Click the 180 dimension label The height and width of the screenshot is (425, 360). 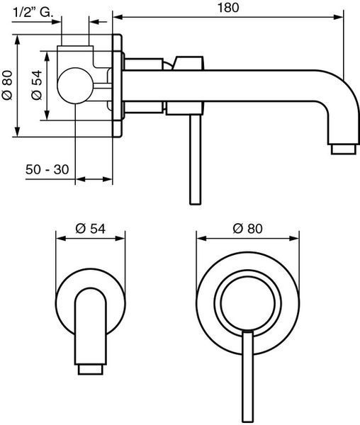pos(228,8)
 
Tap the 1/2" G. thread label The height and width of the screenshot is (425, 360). pos(33,13)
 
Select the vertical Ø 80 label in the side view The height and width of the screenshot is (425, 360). pos(7,85)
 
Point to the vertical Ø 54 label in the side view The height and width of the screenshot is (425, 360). pos(37,85)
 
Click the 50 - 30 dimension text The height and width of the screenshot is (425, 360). pos(47,169)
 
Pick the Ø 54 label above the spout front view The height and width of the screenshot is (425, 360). pos(90,229)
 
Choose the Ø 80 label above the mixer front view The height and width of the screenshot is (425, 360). pos(247,229)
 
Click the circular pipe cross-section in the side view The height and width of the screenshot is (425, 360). pos(75,86)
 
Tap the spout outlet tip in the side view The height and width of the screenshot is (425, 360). pos(344,149)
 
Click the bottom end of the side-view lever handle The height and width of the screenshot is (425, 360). pos(196,203)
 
